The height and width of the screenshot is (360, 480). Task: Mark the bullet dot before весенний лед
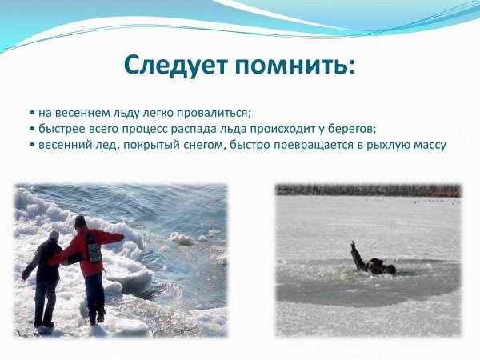pyautogui.click(x=31, y=146)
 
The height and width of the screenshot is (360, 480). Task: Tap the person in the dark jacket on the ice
pyautogui.click(x=46, y=272)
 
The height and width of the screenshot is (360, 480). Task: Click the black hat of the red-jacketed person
pyautogui.click(x=80, y=221)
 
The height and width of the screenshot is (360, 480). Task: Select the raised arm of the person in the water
pyautogui.click(x=354, y=252)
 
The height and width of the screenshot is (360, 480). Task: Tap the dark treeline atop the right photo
pyautogui.click(x=368, y=190)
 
